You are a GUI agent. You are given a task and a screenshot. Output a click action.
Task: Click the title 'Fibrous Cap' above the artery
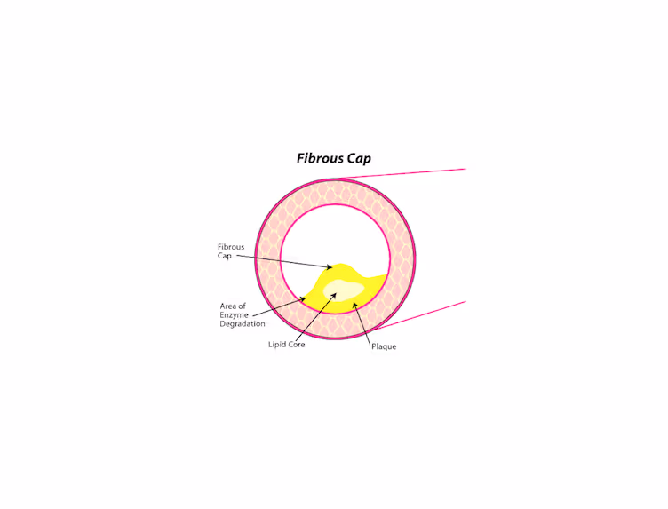coord(333,159)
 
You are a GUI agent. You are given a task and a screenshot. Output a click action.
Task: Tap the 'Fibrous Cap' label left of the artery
coord(231,251)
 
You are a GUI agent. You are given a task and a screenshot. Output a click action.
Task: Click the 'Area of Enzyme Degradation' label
coord(243,314)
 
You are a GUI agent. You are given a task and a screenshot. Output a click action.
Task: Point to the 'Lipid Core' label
coord(286,345)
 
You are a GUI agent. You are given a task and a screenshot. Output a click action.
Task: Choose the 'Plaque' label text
coord(384,346)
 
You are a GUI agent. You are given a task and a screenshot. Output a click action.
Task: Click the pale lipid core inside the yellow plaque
coord(344,290)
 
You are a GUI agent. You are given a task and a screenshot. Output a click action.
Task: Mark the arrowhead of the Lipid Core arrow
coord(334,294)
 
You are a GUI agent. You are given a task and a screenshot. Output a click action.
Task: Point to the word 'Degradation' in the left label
coord(243,324)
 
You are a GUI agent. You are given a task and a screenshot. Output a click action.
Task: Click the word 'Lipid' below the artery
coord(276,345)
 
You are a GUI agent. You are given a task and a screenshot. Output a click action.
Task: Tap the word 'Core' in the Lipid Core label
coord(297,345)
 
